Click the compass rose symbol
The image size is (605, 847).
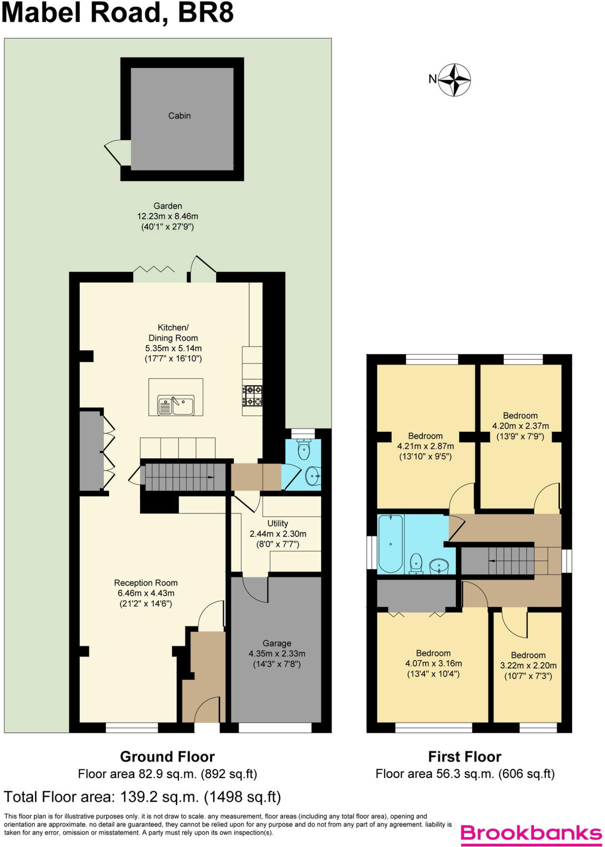point(454,80)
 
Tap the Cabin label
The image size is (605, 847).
point(179,116)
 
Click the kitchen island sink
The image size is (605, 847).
point(176,405)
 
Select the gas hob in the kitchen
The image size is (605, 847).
point(252,395)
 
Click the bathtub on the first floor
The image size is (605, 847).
point(391,543)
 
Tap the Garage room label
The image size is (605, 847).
point(277,643)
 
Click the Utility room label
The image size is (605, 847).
point(277,523)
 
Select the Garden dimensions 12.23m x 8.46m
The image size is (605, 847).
point(167,216)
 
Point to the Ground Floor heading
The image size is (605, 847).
point(167,756)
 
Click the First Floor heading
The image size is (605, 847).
point(464,756)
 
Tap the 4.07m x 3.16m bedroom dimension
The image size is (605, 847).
point(433,663)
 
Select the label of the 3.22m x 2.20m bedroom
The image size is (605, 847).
point(528,655)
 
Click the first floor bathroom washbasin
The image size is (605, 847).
point(438,566)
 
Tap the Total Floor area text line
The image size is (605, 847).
point(142,797)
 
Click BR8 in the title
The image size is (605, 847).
point(206,12)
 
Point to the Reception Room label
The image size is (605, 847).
point(146,583)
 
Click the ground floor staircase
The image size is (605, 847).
point(184,477)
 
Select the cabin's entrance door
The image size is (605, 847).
point(117,153)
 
